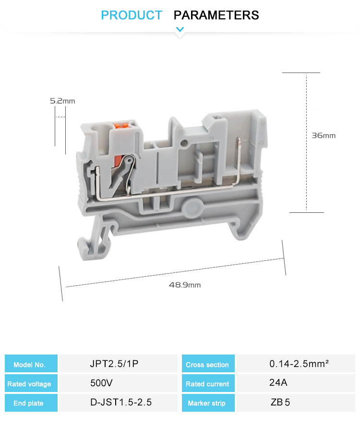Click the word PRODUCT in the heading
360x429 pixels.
[x=132, y=15]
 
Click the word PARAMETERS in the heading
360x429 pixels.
[x=216, y=15]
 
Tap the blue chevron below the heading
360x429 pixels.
[x=180, y=30]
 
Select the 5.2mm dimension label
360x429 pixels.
[x=62, y=101]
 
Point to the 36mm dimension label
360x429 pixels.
[x=324, y=135]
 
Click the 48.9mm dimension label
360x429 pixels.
[x=184, y=285]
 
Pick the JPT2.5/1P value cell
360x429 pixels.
[x=114, y=364]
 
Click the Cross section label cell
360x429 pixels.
[x=208, y=364]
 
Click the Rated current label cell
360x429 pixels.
[x=208, y=383]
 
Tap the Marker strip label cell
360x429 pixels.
[x=208, y=403]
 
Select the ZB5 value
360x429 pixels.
[x=280, y=402]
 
